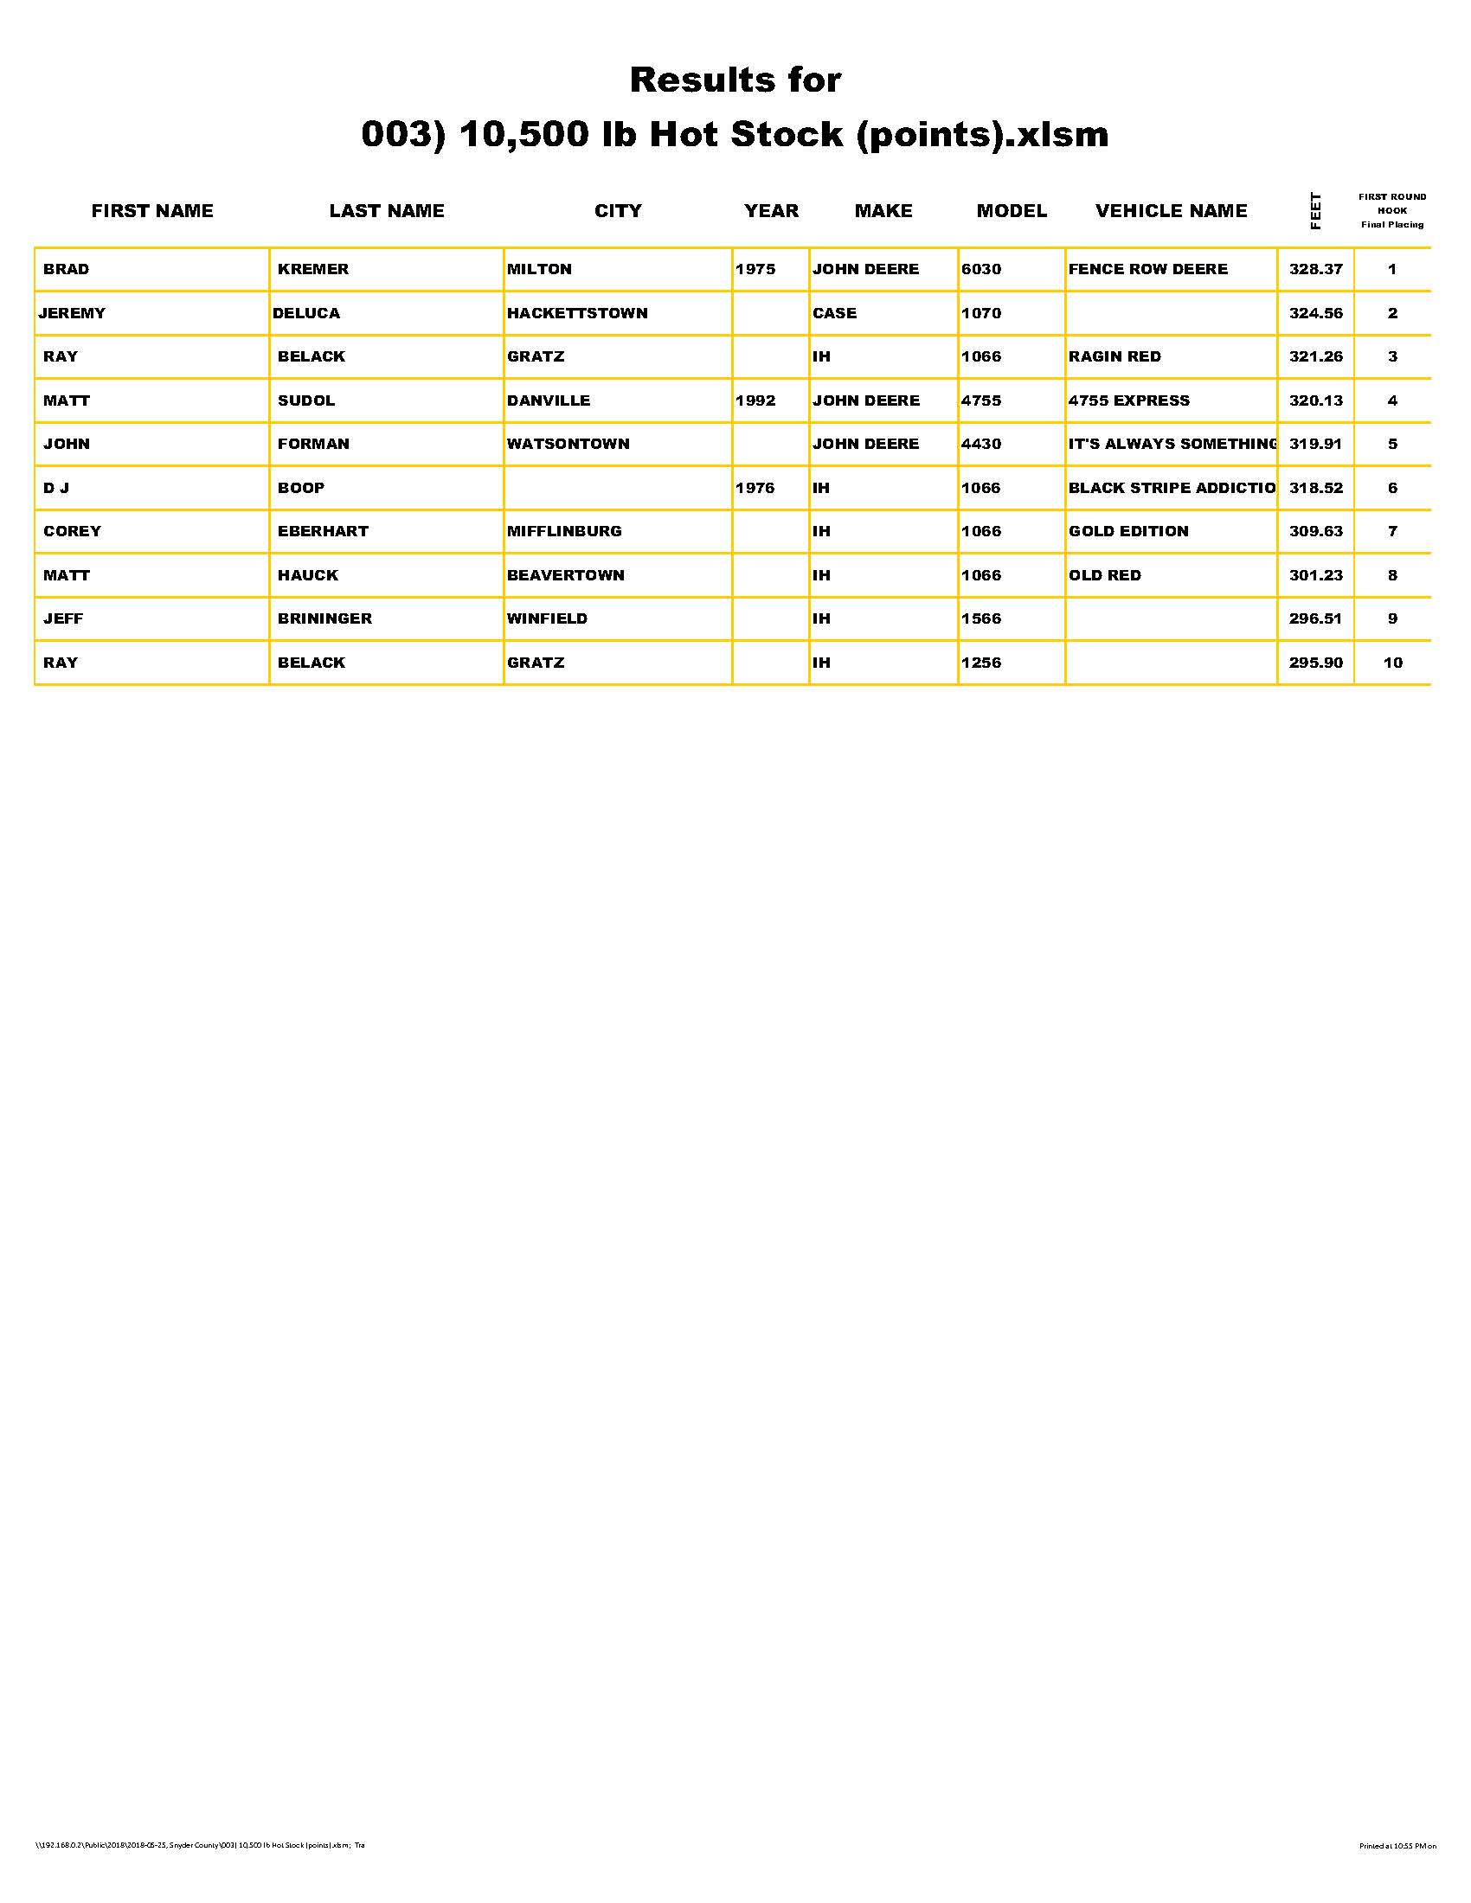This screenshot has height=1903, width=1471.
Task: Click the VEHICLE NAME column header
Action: (x=1171, y=211)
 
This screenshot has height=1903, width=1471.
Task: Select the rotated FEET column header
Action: (x=1315, y=211)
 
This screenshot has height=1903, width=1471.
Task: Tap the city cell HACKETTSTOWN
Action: (x=577, y=313)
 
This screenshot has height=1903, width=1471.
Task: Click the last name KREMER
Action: (x=313, y=269)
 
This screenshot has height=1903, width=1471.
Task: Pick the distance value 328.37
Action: (x=1315, y=269)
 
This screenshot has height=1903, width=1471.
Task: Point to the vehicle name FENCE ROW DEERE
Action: (x=1147, y=269)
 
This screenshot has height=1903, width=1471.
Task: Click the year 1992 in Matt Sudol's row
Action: (x=755, y=400)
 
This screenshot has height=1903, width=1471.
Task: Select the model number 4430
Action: (x=980, y=444)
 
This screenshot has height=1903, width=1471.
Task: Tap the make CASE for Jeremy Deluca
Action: (x=834, y=313)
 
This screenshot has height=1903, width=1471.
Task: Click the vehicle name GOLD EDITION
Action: (x=1127, y=530)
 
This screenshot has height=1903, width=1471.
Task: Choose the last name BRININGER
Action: (x=324, y=618)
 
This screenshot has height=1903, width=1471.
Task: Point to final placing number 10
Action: (x=1392, y=663)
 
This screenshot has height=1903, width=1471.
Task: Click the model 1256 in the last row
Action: (x=980, y=663)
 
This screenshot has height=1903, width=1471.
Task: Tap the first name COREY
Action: (x=73, y=530)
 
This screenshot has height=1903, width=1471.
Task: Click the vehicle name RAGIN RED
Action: (x=1114, y=356)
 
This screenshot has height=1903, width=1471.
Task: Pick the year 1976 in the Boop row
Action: (x=755, y=488)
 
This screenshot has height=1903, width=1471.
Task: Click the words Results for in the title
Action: (x=735, y=80)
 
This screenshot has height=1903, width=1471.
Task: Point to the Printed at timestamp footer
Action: (x=1397, y=1846)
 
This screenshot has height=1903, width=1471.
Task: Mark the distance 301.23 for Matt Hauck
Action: (x=1315, y=575)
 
